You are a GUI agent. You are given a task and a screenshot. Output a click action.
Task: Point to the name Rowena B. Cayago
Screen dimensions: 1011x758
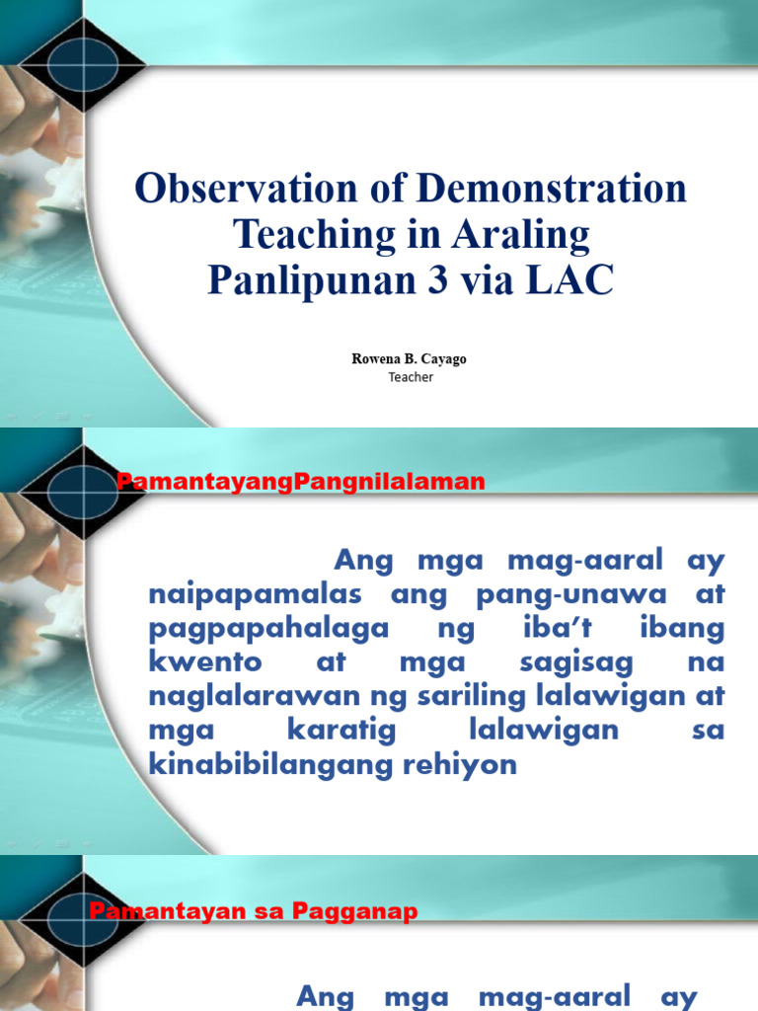(x=410, y=359)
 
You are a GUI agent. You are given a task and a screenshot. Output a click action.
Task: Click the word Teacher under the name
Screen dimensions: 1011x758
(x=411, y=377)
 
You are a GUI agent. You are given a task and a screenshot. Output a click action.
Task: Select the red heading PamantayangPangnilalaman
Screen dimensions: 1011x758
(x=301, y=482)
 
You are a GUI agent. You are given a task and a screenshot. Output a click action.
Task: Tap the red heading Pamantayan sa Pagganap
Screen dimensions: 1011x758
(x=254, y=912)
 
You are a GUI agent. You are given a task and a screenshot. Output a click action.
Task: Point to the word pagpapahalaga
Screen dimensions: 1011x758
(x=268, y=630)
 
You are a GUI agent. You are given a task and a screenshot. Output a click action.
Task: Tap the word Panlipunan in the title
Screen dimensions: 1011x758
(x=319, y=278)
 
